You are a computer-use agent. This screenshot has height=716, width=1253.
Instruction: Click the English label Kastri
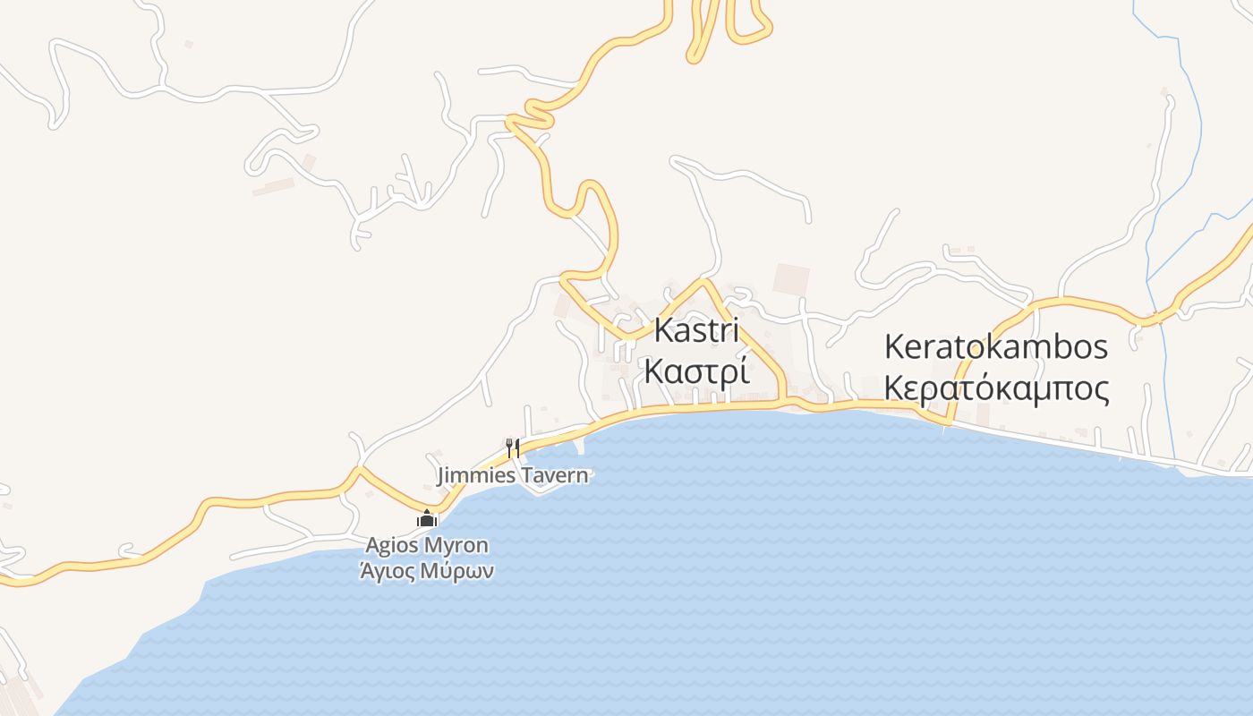[696, 329]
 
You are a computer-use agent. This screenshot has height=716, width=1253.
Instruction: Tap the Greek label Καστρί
[696, 371]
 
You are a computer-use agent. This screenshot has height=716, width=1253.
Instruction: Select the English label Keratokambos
[995, 346]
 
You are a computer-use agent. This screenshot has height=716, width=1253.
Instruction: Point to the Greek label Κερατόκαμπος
[996, 388]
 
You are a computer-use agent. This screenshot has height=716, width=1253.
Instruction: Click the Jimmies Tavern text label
[513, 475]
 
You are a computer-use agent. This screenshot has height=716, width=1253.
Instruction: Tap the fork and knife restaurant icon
[513, 447]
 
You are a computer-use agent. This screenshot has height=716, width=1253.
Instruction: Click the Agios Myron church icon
[427, 518]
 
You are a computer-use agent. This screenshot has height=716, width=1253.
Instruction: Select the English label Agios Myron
[427, 545]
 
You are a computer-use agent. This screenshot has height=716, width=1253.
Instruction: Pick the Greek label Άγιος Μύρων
[427, 571]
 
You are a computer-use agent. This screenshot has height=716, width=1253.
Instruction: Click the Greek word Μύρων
[461, 571]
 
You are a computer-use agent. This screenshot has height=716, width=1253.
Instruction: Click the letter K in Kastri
[663, 329]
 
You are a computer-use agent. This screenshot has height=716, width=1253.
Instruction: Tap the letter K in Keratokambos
[894, 346]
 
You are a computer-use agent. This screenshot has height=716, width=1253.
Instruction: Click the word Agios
[392, 545]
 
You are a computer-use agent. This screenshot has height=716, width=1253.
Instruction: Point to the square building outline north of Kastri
[791, 279]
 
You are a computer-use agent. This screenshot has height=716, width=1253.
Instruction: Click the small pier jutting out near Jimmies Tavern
[581, 443]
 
